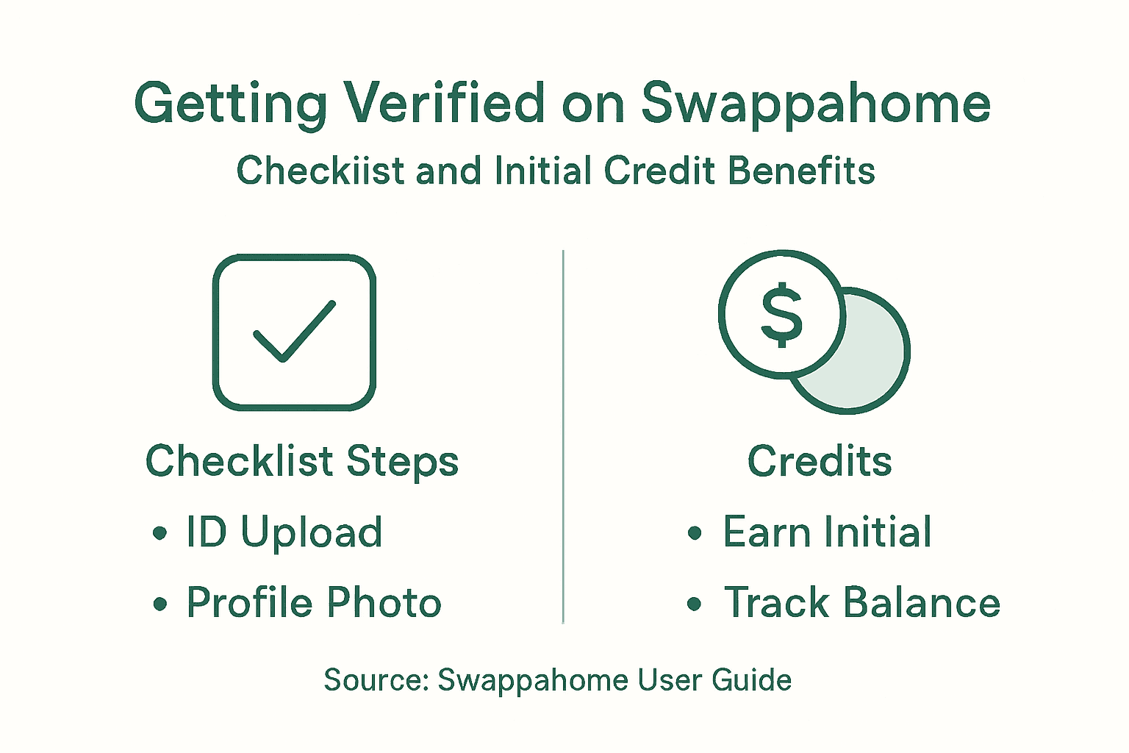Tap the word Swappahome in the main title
click(x=816, y=104)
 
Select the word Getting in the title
click(x=230, y=104)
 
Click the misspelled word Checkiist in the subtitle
click(x=320, y=171)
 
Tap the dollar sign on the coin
click(x=781, y=315)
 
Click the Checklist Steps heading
click(x=302, y=462)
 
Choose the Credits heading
click(x=820, y=462)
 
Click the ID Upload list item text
click(x=284, y=532)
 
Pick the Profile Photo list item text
click(x=314, y=603)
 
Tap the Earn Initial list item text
click(x=828, y=532)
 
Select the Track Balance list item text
click(x=862, y=603)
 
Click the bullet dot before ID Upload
click(x=160, y=533)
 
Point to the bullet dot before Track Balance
click(x=695, y=604)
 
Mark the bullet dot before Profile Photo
click(x=160, y=604)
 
